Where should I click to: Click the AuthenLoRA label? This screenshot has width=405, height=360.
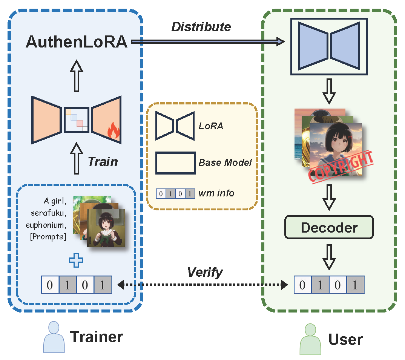(77, 42)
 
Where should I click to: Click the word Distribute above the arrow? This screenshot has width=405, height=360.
(201, 27)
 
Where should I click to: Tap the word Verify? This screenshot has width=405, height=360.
(205, 272)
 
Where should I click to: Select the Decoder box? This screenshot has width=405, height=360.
(329, 227)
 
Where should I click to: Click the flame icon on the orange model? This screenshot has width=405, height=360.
(113, 132)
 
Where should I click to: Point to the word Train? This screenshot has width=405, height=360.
(103, 162)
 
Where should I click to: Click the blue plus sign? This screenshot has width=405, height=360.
(76, 260)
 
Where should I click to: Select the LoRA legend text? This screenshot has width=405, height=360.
(211, 126)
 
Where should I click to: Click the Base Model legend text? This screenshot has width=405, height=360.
(225, 163)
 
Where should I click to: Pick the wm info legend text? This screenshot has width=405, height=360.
(217, 193)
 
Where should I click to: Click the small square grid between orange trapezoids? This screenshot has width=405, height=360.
(77, 119)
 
